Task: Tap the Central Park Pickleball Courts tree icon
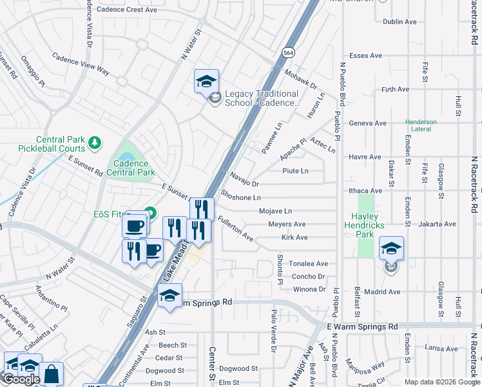point(95,142)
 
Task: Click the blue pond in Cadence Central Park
point(127,156)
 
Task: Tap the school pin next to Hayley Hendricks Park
point(391,248)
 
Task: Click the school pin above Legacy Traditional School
point(206,81)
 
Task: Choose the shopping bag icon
point(52,374)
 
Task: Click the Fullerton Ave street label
point(235,229)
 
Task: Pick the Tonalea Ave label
point(308,264)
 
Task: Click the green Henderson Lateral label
point(421,126)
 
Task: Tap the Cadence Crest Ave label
point(126,10)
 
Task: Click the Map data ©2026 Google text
point(442,382)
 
